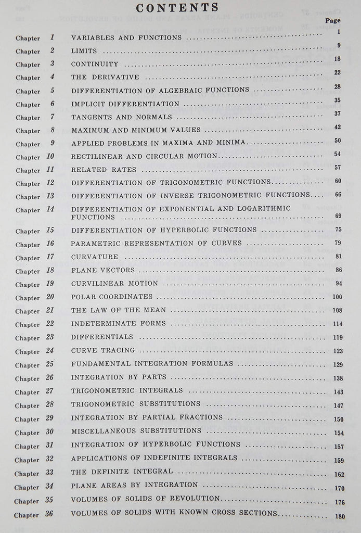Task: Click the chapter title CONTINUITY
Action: click(x=95, y=64)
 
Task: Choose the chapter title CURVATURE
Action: click(x=95, y=257)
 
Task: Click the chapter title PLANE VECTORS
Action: click(x=103, y=270)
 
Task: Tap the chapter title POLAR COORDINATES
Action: click(x=112, y=297)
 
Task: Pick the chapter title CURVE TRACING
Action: click(x=103, y=350)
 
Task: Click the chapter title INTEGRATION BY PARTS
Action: click(x=115, y=377)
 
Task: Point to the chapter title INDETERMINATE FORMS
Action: click(x=118, y=324)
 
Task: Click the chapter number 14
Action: click(x=50, y=209)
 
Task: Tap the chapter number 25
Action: click(x=50, y=364)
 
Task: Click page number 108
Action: click(x=337, y=311)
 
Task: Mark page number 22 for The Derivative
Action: click(x=337, y=73)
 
